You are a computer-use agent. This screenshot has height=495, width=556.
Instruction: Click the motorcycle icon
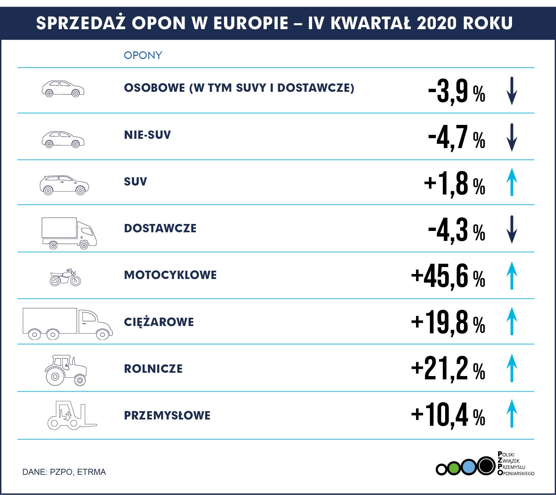click(x=65, y=277)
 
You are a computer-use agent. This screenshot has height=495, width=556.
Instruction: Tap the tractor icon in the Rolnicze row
click(x=66, y=370)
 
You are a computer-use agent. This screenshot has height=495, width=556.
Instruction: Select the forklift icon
click(x=72, y=415)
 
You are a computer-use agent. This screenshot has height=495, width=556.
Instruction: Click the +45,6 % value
click(x=448, y=276)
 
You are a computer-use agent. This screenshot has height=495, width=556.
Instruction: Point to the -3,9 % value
click(x=456, y=91)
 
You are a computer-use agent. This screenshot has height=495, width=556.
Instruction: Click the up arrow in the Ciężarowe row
click(x=512, y=321)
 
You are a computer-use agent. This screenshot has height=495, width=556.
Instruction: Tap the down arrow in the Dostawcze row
click(x=512, y=229)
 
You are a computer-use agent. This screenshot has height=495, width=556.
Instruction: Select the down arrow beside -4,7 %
click(x=512, y=137)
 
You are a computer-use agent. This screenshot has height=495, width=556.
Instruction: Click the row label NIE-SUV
click(x=147, y=135)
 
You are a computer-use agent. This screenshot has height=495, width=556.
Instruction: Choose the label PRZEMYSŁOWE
click(x=167, y=415)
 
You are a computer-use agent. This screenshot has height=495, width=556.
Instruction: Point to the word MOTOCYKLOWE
click(x=170, y=275)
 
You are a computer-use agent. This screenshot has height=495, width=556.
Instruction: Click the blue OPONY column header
click(x=143, y=55)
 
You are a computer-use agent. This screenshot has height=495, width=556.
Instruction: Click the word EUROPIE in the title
click(x=251, y=23)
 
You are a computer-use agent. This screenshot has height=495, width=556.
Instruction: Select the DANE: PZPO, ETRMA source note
click(x=64, y=472)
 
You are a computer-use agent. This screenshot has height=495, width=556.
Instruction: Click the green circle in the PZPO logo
click(x=454, y=468)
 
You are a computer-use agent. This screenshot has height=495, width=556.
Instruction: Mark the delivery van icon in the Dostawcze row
click(x=69, y=233)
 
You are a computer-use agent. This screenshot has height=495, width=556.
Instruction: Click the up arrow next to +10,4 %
click(x=512, y=413)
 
